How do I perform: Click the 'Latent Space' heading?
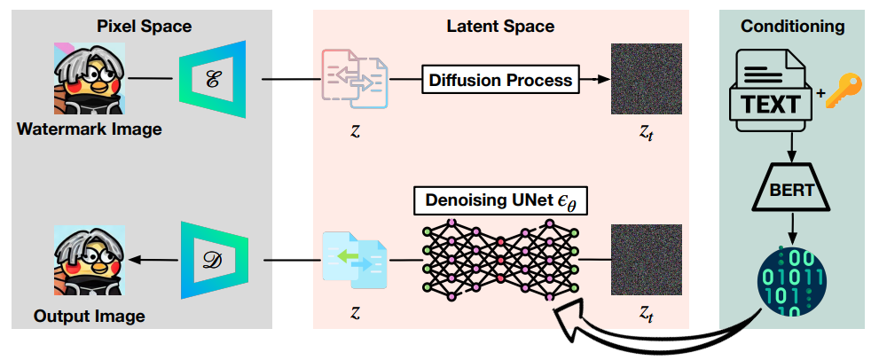[x=499, y=26]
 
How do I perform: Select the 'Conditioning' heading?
[x=792, y=26]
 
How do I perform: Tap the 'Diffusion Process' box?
[x=500, y=81]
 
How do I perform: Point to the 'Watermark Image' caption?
[x=89, y=129]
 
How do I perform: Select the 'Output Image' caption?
[x=89, y=316]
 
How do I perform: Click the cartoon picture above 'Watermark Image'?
[x=87, y=80]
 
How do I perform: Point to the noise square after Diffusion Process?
[x=647, y=80]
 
